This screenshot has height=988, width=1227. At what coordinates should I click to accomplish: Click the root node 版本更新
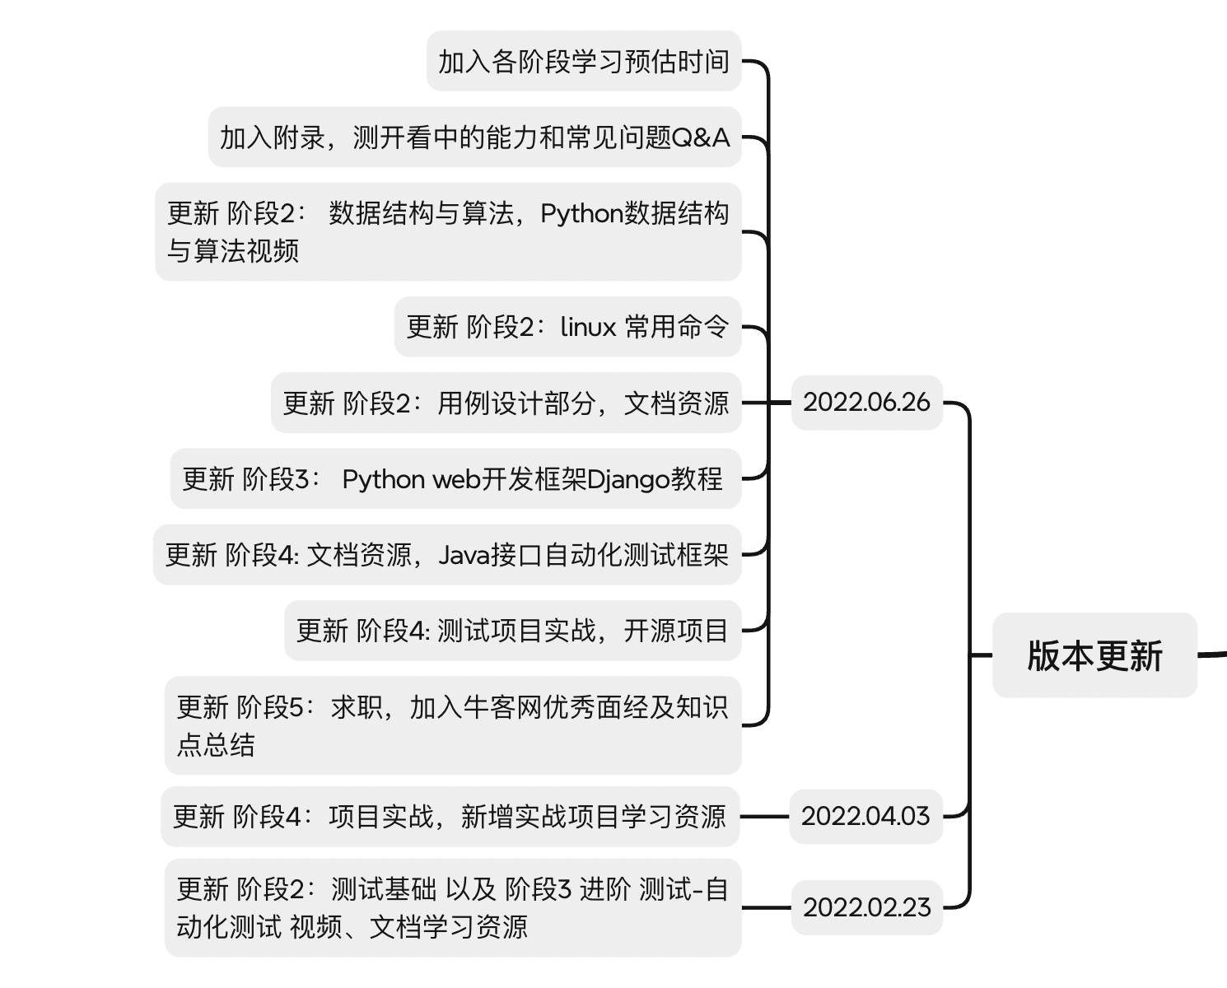[1094, 655]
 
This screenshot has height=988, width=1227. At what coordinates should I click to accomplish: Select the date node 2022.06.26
[866, 403]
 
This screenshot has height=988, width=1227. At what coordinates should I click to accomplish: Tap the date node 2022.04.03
[865, 816]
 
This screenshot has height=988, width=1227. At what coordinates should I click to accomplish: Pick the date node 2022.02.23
[866, 907]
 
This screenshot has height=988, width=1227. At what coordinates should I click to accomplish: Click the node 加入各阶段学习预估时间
[583, 62]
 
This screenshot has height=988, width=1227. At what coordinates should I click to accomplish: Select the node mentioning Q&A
[474, 137]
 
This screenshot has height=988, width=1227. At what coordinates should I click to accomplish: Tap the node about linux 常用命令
[567, 327]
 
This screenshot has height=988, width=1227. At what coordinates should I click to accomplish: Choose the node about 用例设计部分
[506, 403]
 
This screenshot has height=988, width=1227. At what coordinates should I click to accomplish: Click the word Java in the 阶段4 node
[464, 555]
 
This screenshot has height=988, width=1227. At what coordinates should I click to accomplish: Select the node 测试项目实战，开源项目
[512, 631]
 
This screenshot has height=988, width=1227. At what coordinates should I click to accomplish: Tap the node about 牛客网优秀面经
[452, 725]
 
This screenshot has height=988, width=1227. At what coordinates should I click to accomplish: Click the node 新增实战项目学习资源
[450, 817]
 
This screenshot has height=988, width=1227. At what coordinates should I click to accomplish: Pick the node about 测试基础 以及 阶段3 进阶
[452, 907]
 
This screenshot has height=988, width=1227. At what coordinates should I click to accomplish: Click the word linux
[588, 327]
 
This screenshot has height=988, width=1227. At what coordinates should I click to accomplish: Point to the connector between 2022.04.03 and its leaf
[764, 817]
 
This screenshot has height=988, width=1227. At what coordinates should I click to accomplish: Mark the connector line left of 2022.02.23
[766, 907]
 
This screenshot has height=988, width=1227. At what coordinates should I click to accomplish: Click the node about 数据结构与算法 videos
[448, 232]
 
